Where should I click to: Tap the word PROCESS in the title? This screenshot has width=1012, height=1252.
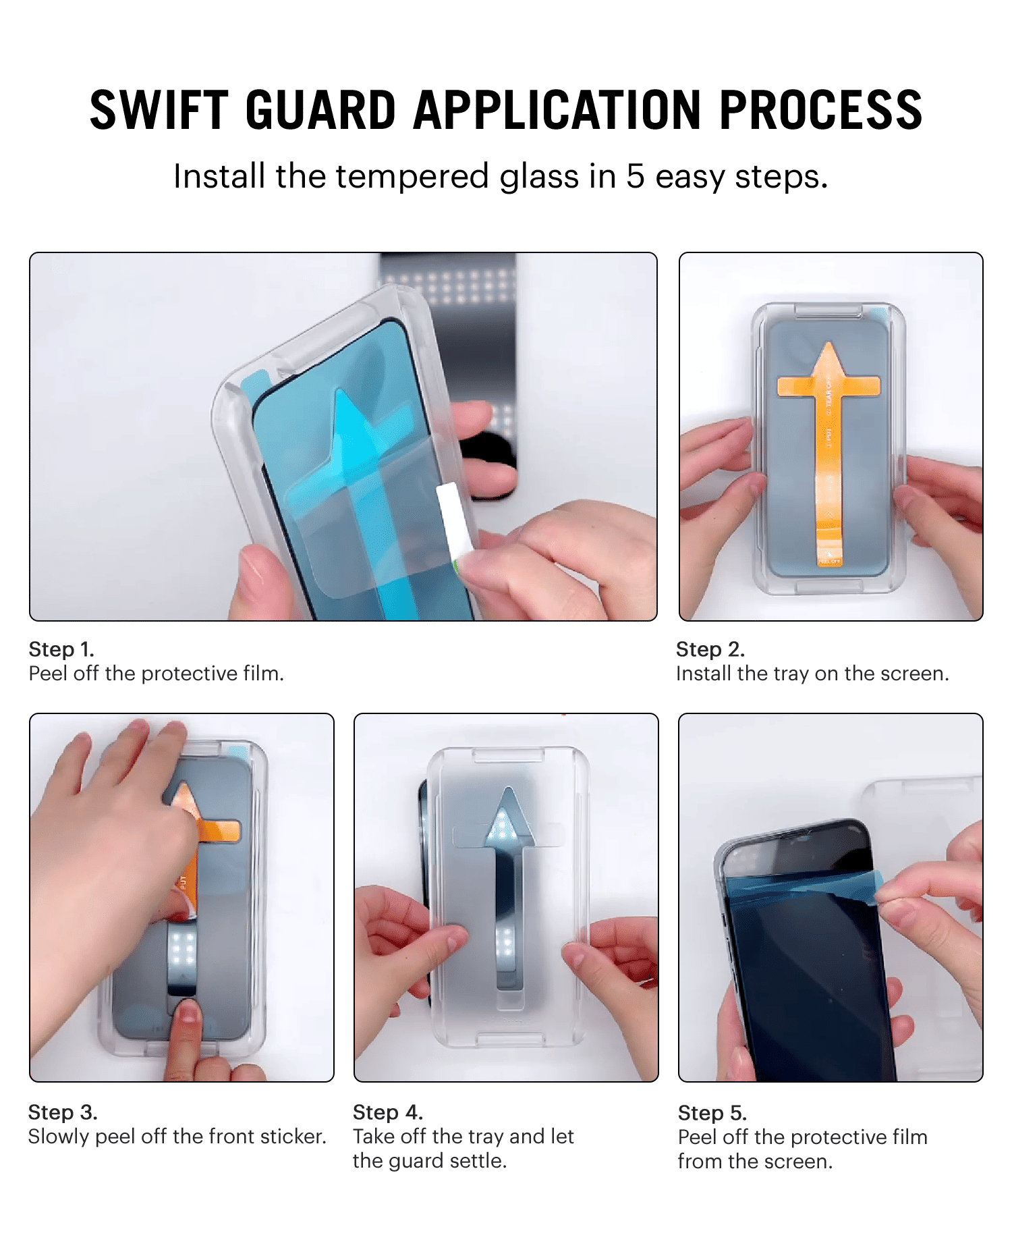[x=820, y=110]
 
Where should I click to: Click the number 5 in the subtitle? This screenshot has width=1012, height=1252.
[x=636, y=177]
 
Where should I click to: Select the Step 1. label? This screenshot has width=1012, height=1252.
[x=61, y=649]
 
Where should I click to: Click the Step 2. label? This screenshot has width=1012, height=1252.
[x=710, y=649]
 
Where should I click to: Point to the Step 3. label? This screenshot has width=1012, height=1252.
[x=63, y=1112]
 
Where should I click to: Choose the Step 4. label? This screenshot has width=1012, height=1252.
[x=388, y=1112]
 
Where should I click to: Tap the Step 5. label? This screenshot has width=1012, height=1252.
[x=712, y=1113]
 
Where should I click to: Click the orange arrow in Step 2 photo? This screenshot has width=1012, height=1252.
[x=828, y=452]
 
